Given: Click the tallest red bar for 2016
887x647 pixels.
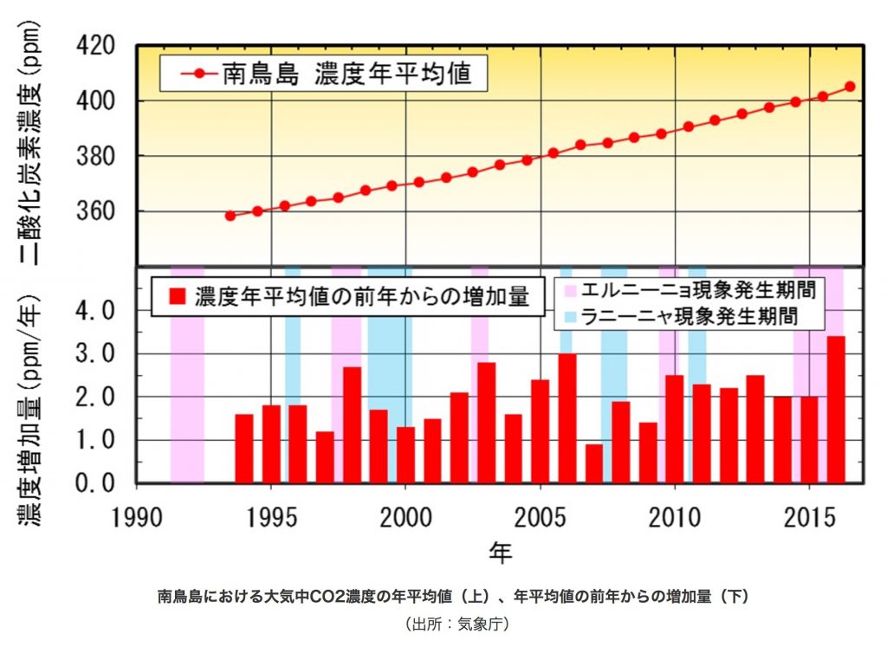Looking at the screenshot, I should pyautogui.click(x=836, y=409).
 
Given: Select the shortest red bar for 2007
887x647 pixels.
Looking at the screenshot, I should pyautogui.click(x=594, y=463).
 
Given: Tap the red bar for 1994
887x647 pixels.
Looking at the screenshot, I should pyautogui.click(x=244, y=448).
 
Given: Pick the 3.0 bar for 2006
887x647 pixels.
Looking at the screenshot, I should pyautogui.click(x=567, y=417).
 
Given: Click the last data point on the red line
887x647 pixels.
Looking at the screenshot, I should pyautogui.click(x=850, y=87).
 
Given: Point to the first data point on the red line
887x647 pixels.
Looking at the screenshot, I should pyautogui.click(x=230, y=216).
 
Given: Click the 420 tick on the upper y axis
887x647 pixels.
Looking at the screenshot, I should pyautogui.click(x=107, y=45).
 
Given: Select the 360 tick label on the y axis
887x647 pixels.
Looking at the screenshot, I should pyautogui.click(x=107, y=211).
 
